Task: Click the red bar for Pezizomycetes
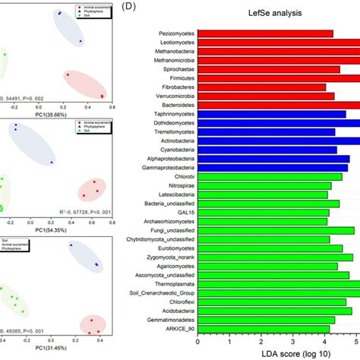(266, 33)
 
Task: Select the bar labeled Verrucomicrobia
(266, 96)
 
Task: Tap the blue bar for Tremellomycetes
(266, 132)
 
